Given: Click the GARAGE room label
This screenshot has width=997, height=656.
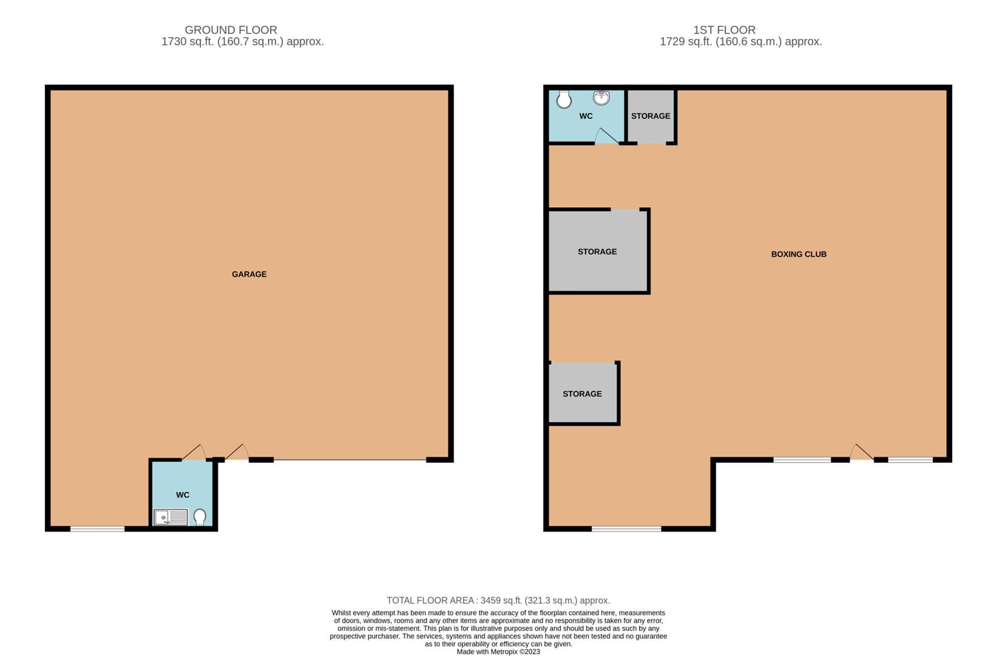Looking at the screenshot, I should tap(249, 274).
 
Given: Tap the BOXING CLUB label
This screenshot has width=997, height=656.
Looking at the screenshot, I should tap(798, 254).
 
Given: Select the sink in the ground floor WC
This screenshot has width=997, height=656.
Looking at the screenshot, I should tap(171, 518).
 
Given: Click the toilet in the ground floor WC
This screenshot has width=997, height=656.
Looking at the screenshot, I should tap(200, 517).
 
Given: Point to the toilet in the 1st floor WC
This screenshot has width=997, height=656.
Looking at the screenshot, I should tap(564, 99).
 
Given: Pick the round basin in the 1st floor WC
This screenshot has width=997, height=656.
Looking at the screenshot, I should tap(601, 97).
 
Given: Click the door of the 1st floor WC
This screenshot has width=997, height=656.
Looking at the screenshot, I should tap(606, 137).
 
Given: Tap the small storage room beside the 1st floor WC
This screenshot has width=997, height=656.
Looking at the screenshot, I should tap(651, 116).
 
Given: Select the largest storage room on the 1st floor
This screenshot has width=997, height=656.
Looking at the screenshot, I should tap(597, 251).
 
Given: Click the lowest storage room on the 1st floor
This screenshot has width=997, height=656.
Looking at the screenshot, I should tap(582, 394).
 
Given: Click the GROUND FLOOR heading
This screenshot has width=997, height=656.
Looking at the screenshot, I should tap(231, 30).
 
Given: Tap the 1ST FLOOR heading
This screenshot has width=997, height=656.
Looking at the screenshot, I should tap(724, 30).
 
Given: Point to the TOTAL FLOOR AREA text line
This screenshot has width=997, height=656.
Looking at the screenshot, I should tap(498, 600).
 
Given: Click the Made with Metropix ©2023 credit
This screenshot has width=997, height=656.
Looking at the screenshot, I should tap(498, 652).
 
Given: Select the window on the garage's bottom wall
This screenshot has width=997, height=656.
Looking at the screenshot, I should tap(97, 529).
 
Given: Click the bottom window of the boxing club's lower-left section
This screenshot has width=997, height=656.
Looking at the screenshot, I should tap(626, 529).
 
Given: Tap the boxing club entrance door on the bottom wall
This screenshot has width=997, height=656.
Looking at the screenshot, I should tap(861, 453).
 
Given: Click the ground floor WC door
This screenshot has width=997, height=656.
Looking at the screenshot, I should tap(194, 453).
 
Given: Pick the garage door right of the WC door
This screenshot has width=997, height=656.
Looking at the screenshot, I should tap(237, 453).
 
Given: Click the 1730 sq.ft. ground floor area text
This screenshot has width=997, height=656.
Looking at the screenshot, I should tap(242, 42).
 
